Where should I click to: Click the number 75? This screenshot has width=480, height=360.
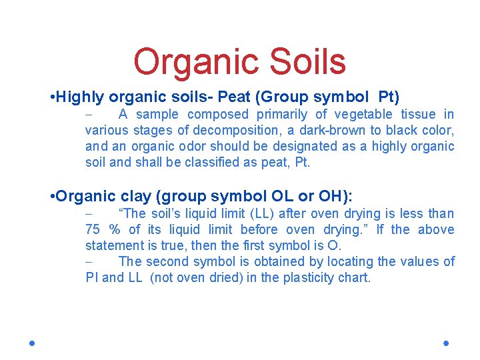pos(93,230)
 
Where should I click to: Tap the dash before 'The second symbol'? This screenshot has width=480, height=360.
pos(89,262)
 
